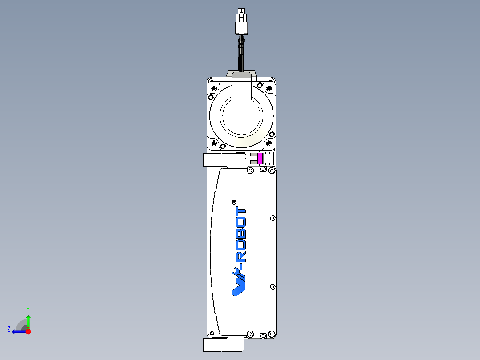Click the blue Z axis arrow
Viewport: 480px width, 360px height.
click(18, 331)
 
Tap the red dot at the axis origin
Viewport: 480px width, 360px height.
click(28, 331)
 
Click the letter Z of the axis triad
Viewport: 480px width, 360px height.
click(9, 329)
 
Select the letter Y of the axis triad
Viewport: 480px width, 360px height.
click(28, 309)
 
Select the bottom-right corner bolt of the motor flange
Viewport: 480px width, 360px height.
click(269, 143)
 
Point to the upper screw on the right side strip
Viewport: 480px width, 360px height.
click(273, 218)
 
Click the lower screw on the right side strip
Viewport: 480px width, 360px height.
click(273, 286)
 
